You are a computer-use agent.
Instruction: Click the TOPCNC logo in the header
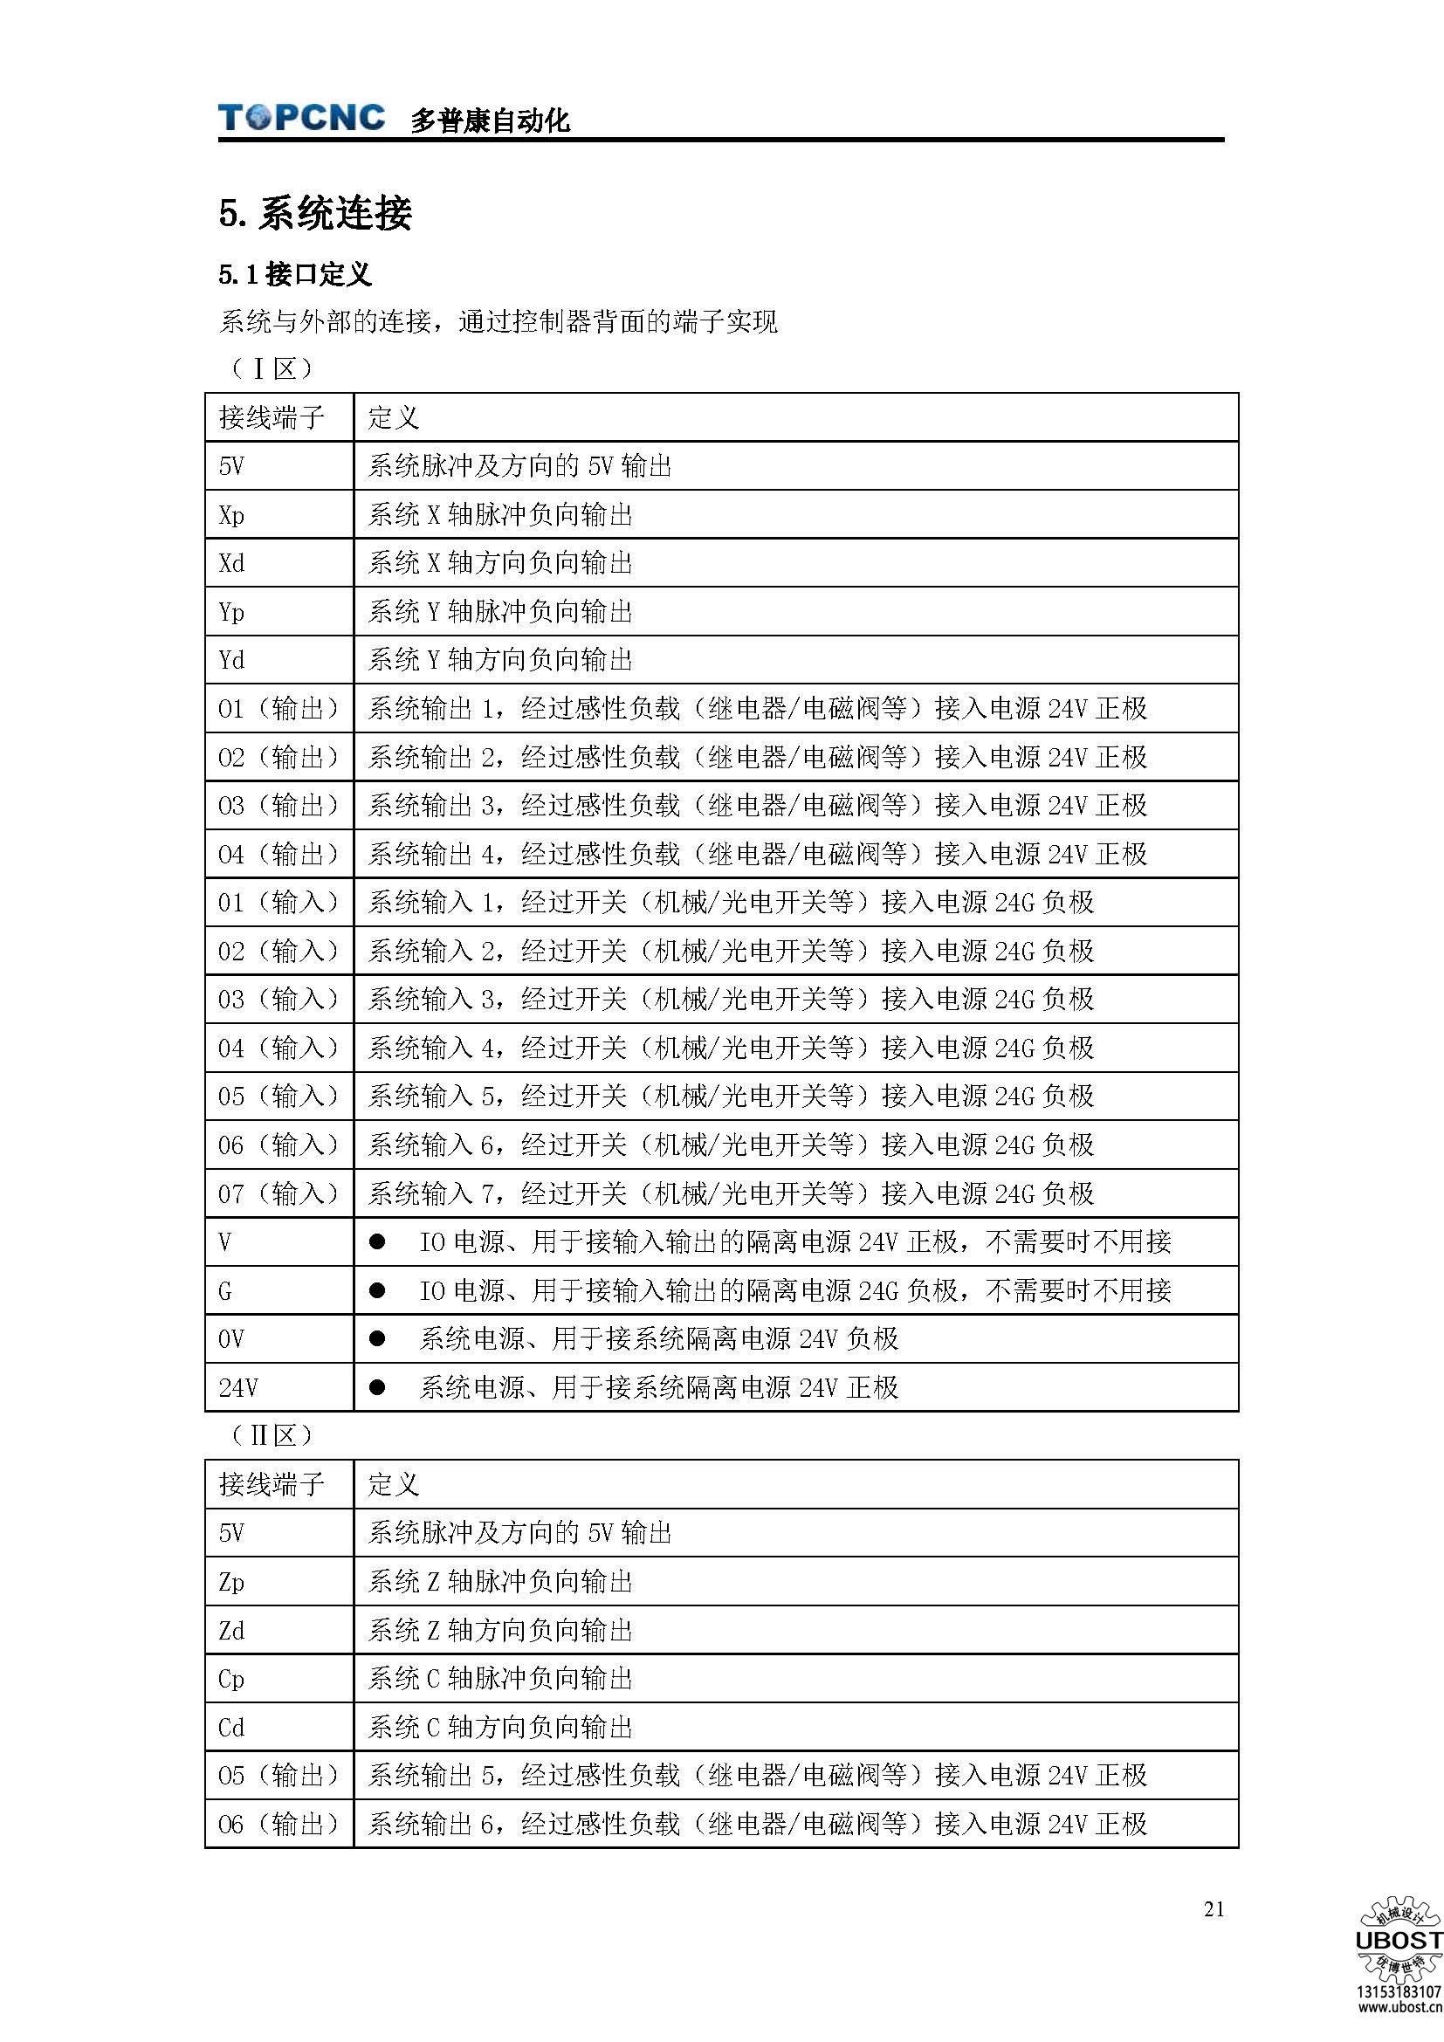[301, 117]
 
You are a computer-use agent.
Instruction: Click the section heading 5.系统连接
[316, 213]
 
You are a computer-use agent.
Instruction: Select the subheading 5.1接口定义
[295, 275]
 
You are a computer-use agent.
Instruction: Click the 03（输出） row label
[278, 806]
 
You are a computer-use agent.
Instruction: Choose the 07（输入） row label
[278, 1193]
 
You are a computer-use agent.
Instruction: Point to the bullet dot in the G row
[377, 1290]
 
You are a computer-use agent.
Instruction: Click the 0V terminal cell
[231, 1338]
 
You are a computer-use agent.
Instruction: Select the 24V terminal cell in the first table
[238, 1387]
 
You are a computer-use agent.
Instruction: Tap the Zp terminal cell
[231, 1582]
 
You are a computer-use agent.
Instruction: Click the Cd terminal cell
[231, 1727]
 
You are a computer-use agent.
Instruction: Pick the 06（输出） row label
[278, 1824]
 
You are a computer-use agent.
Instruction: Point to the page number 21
[1214, 1908]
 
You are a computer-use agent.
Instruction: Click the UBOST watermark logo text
[1398, 1941]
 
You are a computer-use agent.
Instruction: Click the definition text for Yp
[499, 612]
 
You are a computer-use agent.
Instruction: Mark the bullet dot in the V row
[377, 1242]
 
